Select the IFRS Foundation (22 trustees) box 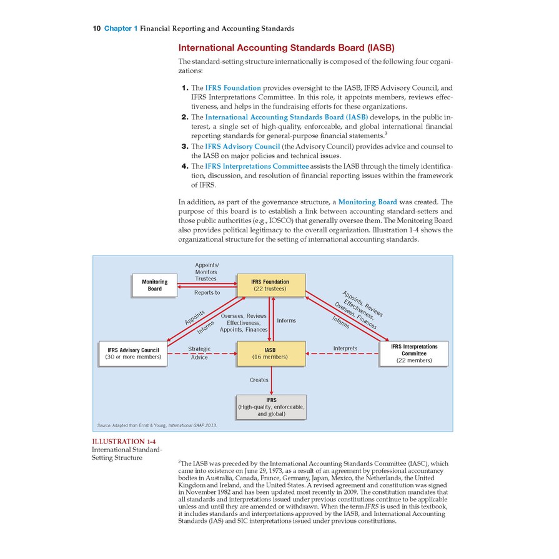pyautogui.click(x=270, y=285)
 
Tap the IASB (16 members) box pyautogui.click(x=270, y=353)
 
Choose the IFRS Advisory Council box pyautogui.click(x=133, y=353)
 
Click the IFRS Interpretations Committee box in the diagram pyautogui.click(x=414, y=353)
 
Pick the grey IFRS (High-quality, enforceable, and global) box pyautogui.click(x=271, y=407)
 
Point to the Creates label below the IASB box pyautogui.click(x=259, y=380)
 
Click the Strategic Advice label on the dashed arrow pyautogui.click(x=199, y=352)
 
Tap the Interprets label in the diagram pyautogui.click(x=345, y=348)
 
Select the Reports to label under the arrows pyautogui.click(x=207, y=292)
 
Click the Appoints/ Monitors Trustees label pyautogui.click(x=206, y=272)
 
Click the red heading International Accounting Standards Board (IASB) pyautogui.click(x=287, y=47)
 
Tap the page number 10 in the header pyautogui.click(x=97, y=29)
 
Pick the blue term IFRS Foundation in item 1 pyautogui.click(x=234, y=88)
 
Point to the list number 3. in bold pyautogui.click(x=184, y=146)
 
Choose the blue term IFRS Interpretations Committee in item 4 pyautogui.click(x=257, y=166)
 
